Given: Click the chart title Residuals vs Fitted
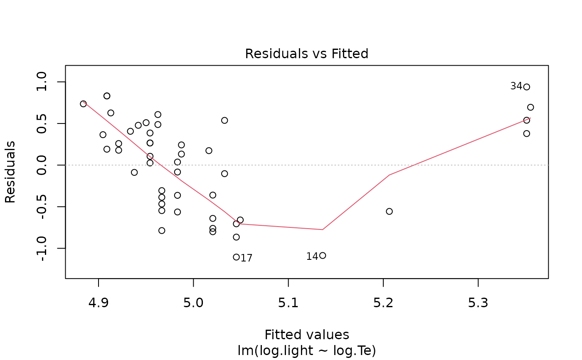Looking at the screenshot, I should point(306,54).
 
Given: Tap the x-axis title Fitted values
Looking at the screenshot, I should point(306,335).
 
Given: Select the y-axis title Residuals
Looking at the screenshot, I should point(10,172).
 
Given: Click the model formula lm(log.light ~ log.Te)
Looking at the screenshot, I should point(306,351).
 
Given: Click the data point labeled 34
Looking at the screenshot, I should point(527,87).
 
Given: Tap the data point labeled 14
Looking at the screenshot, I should point(323,256).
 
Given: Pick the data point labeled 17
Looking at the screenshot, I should point(237,257).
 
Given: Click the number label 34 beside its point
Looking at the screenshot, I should point(516,86).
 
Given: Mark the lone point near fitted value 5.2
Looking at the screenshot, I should point(389,211).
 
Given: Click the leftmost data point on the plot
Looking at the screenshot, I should point(83,104).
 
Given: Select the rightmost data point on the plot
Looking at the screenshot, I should point(530,107).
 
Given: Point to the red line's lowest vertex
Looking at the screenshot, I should point(322,229).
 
